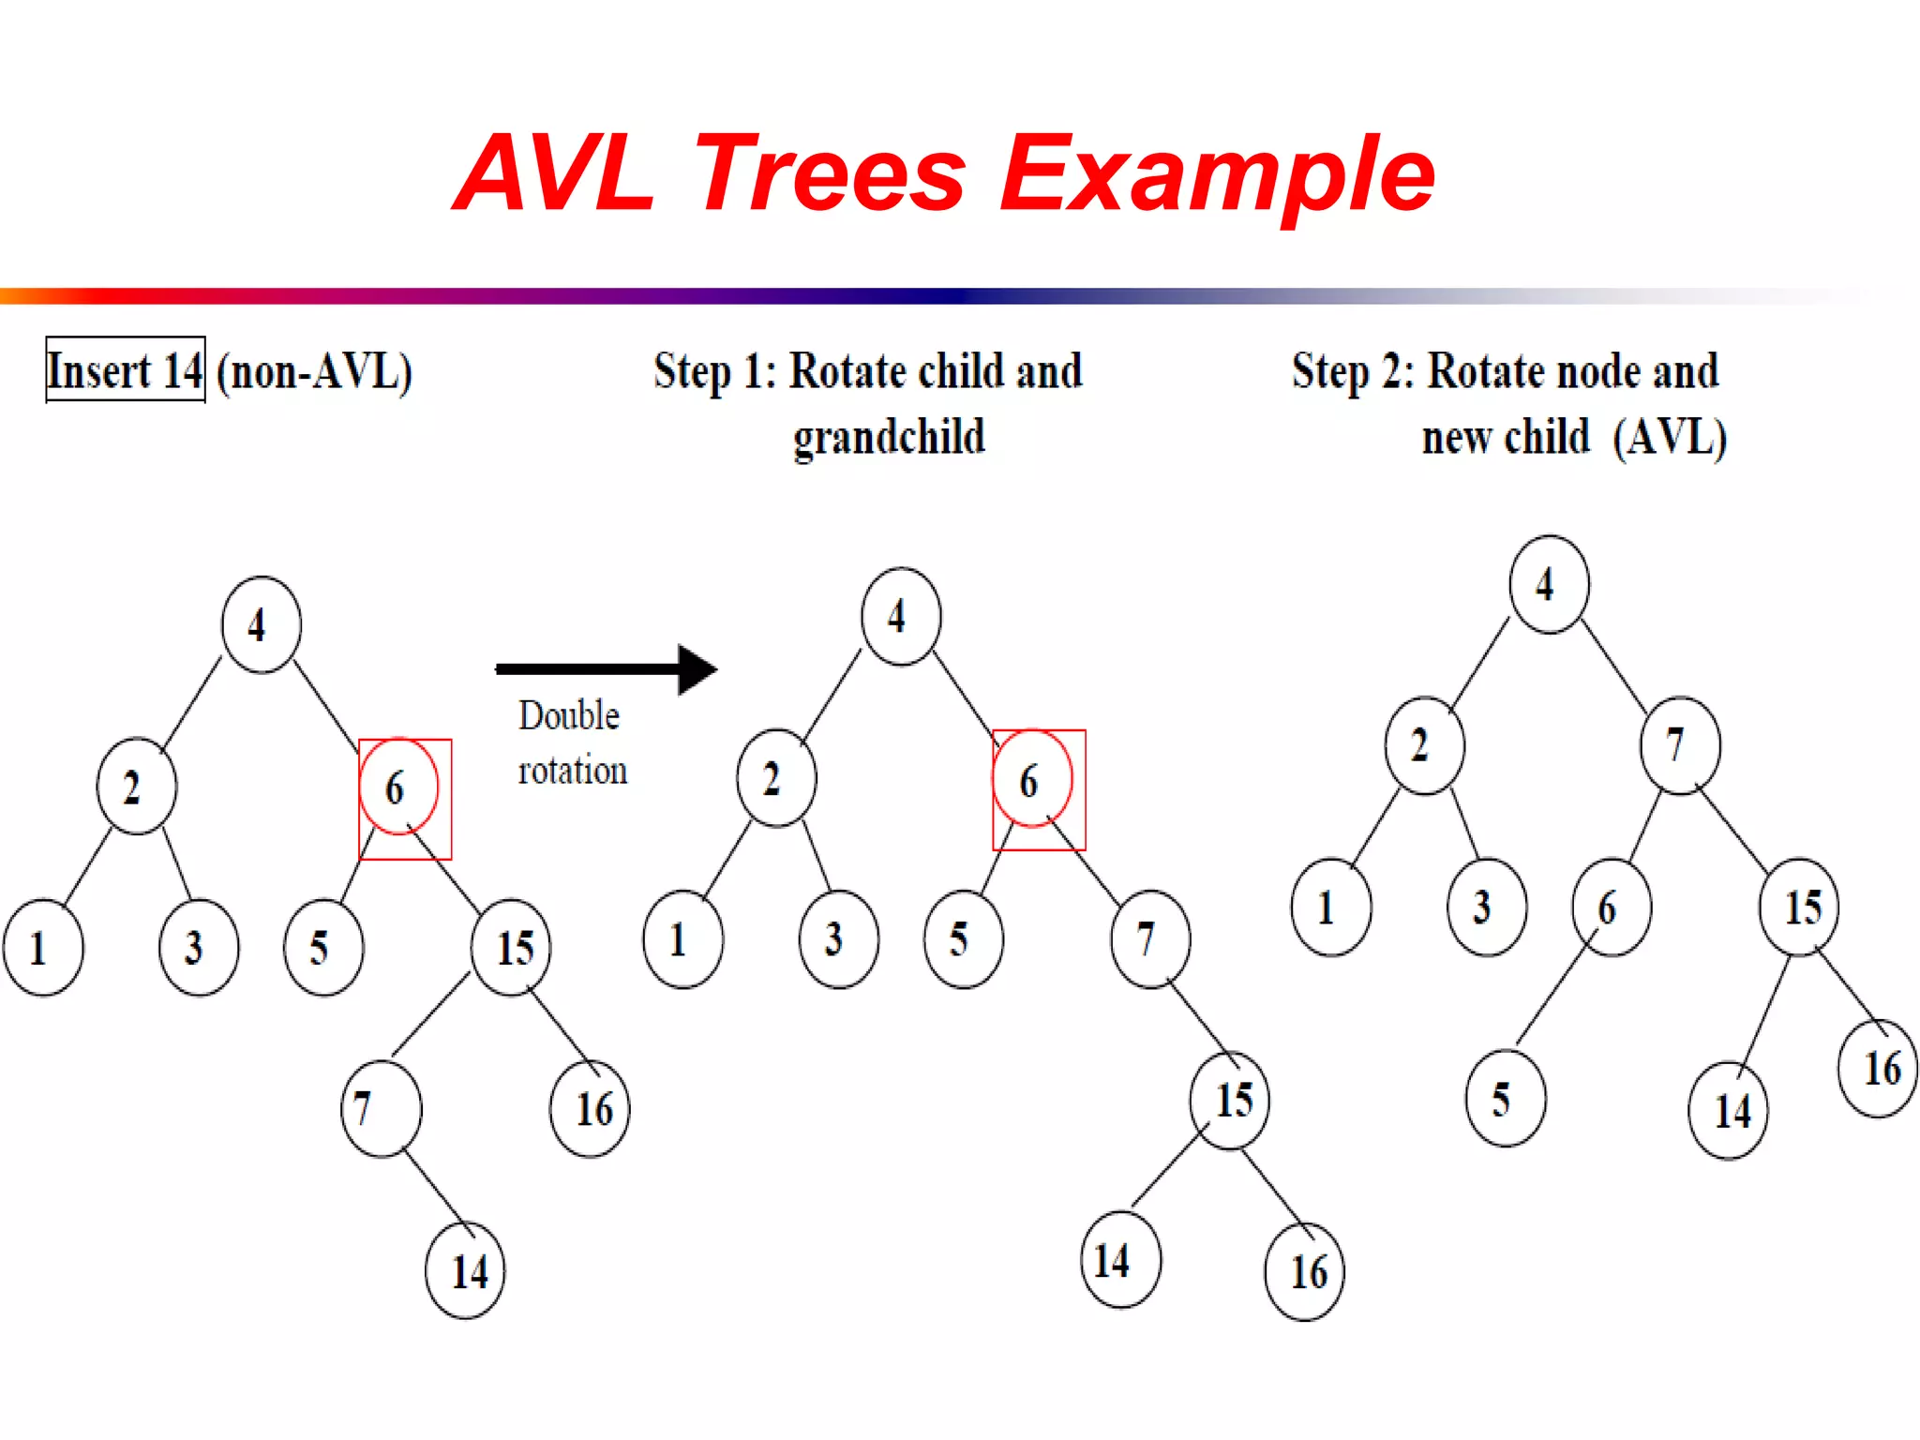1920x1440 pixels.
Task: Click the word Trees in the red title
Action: point(831,174)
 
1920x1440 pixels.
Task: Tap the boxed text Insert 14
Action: point(125,370)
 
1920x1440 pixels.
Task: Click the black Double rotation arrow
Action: point(606,668)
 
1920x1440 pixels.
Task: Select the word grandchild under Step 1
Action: point(889,437)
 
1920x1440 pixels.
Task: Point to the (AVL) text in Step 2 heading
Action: point(1670,437)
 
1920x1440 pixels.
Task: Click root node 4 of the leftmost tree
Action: point(261,624)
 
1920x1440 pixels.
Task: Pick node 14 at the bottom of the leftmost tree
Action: point(466,1271)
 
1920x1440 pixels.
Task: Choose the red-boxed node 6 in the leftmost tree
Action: point(398,787)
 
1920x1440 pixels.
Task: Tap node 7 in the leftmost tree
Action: point(381,1108)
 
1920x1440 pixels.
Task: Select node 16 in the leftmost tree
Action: point(591,1109)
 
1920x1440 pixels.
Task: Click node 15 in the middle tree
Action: point(1230,1100)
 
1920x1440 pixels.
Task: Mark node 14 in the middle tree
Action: point(1120,1260)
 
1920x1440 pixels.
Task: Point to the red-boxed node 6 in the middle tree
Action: point(1032,779)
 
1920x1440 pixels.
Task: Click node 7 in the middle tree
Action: point(1149,938)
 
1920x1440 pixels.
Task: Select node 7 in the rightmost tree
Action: point(1680,745)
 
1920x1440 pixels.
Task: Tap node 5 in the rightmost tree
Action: point(1506,1099)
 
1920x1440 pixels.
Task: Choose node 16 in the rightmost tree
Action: point(1879,1069)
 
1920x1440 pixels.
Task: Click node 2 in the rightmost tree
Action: point(1424,745)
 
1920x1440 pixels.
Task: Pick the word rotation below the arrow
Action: point(573,771)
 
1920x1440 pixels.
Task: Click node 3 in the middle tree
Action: point(838,938)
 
